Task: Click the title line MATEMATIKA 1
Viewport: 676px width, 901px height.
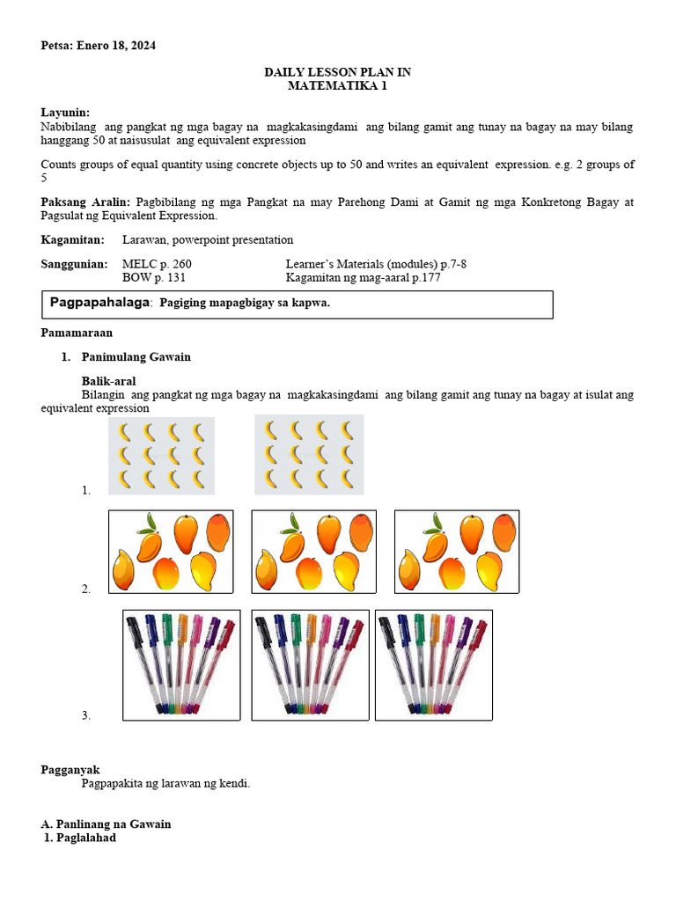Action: (338, 85)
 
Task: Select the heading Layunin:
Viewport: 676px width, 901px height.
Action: (66, 113)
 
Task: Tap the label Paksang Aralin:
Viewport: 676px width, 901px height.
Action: (85, 202)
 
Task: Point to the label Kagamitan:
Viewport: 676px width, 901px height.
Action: (72, 239)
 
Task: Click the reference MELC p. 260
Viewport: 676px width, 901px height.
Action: (157, 264)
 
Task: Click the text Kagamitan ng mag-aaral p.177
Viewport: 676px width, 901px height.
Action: (363, 278)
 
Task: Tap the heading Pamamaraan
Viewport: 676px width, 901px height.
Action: (77, 333)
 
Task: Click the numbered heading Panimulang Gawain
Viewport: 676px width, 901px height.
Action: (136, 357)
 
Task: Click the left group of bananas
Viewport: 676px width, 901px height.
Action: (161, 455)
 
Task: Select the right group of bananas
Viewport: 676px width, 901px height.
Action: (309, 455)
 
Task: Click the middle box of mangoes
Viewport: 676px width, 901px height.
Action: (313, 552)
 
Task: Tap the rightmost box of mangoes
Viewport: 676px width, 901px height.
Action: (456, 552)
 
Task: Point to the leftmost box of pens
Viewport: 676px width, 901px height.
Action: (181, 665)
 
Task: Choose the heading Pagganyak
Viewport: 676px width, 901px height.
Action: (70, 770)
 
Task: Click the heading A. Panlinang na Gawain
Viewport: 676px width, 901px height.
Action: (106, 824)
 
